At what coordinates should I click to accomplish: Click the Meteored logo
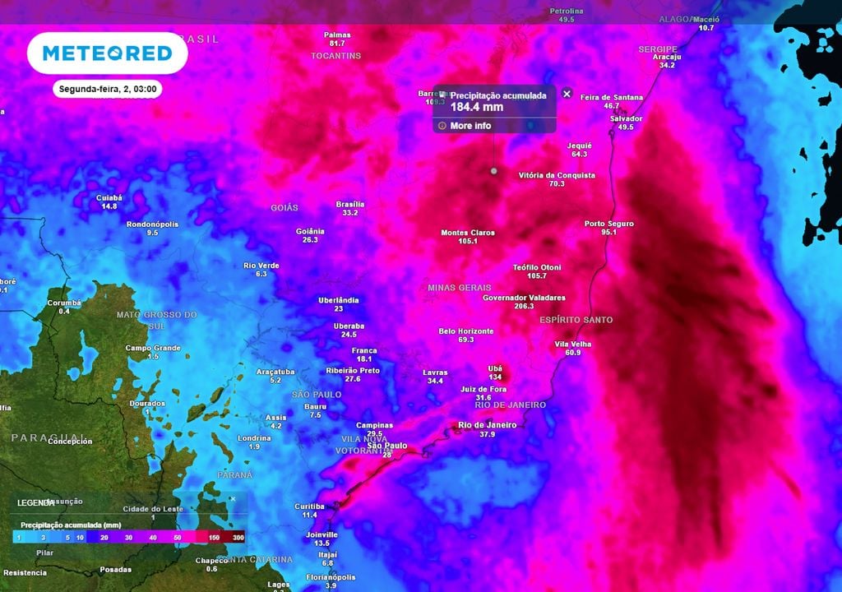pos(107,54)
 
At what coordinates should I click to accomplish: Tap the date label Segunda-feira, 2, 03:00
pos(107,89)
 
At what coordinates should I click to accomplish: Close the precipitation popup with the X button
pos(567,94)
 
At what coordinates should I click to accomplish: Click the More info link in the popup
pos(470,126)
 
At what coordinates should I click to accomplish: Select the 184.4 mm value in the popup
pos(476,107)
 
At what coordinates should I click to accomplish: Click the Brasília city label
pos(350,204)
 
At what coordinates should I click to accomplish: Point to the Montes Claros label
pos(468,233)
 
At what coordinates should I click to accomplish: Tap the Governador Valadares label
pos(524,298)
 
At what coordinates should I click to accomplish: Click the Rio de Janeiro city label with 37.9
pos(487,425)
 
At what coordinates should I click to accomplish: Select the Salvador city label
pos(626,118)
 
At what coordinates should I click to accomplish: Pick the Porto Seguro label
pos(609,224)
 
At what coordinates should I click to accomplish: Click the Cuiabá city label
pos(109,197)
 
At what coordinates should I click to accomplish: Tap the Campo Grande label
pos(153,348)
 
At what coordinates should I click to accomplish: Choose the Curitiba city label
pos(309,506)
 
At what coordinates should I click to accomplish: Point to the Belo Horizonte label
pos(466,331)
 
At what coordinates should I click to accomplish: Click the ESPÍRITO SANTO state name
pos(576,319)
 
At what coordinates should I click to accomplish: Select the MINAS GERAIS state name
pos(459,288)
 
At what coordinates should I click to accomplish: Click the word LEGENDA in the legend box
pos(35,502)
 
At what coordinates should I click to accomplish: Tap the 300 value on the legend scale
pos(238,538)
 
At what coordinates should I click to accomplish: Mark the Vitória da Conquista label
pos(557,175)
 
